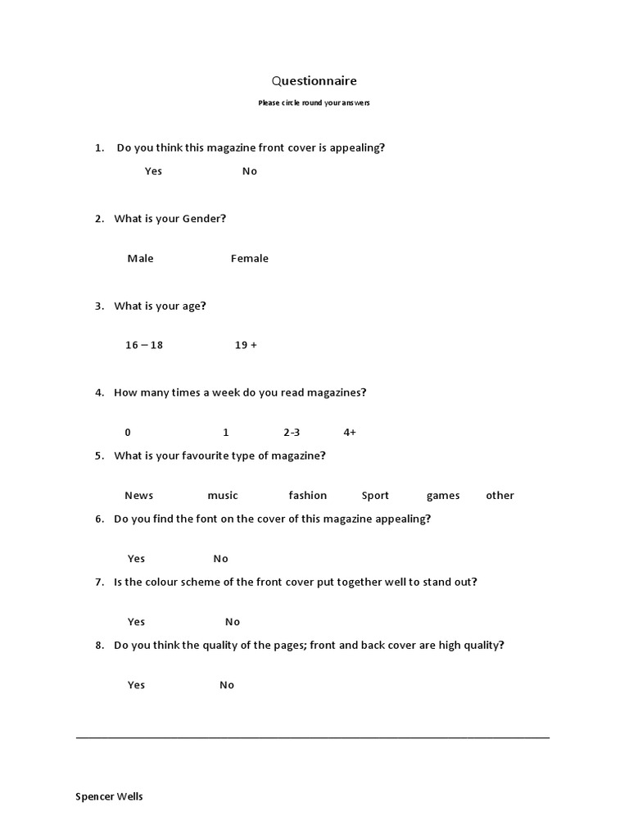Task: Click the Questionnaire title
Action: click(314, 81)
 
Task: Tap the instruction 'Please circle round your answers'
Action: click(314, 103)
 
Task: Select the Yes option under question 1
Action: click(153, 171)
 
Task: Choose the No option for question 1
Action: click(250, 171)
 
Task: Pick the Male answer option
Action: click(140, 259)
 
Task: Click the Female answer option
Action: click(249, 259)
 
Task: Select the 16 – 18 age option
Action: click(144, 345)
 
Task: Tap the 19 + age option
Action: click(246, 345)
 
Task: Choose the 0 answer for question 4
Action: click(128, 432)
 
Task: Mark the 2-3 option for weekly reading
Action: click(292, 432)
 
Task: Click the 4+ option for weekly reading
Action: click(350, 432)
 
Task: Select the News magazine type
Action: click(138, 496)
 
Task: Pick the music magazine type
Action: click(223, 496)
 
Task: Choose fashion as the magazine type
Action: click(307, 496)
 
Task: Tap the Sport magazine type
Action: click(375, 496)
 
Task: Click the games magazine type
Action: click(443, 496)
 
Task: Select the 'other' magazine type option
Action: click(500, 496)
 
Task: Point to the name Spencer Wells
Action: click(109, 796)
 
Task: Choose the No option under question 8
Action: click(227, 685)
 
